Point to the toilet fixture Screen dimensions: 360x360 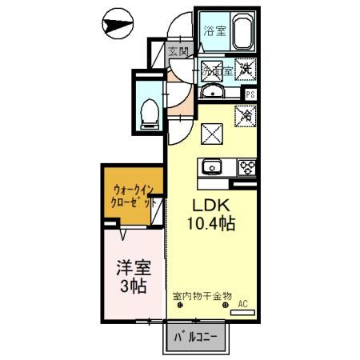click(x=148, y=113)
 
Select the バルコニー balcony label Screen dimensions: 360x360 click(x=196, y=338)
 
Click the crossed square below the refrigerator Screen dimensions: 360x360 click(x=213, y=134)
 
